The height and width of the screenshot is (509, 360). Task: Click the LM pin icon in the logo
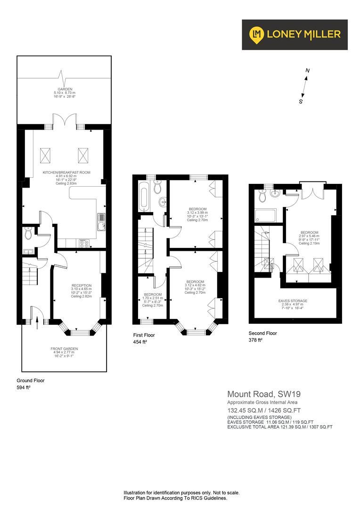pyautogui.click(x=257, y=34)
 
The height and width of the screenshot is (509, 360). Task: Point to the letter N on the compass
pyautogui.click(x=307, y=71)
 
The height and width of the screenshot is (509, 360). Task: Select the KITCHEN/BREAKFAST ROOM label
pyautogui.click(x=66, y=172)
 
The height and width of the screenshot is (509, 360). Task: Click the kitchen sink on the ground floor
pyautogui.click(x=101, y=221)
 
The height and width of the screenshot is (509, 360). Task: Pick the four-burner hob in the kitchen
pyautogui.click(x=84, y=243)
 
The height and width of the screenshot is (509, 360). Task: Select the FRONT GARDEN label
pyautogui.click(x=64, y=349)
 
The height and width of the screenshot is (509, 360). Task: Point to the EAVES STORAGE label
pyautogui.click(x=293, y=301)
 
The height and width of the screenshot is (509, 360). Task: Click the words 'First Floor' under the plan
pyautogui.click(x=144, y=335)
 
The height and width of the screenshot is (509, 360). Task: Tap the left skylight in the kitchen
pyautogui.click(x=46, y=154)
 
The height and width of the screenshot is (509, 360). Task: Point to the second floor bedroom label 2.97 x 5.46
pyautogui.click(x=309, y=232)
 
